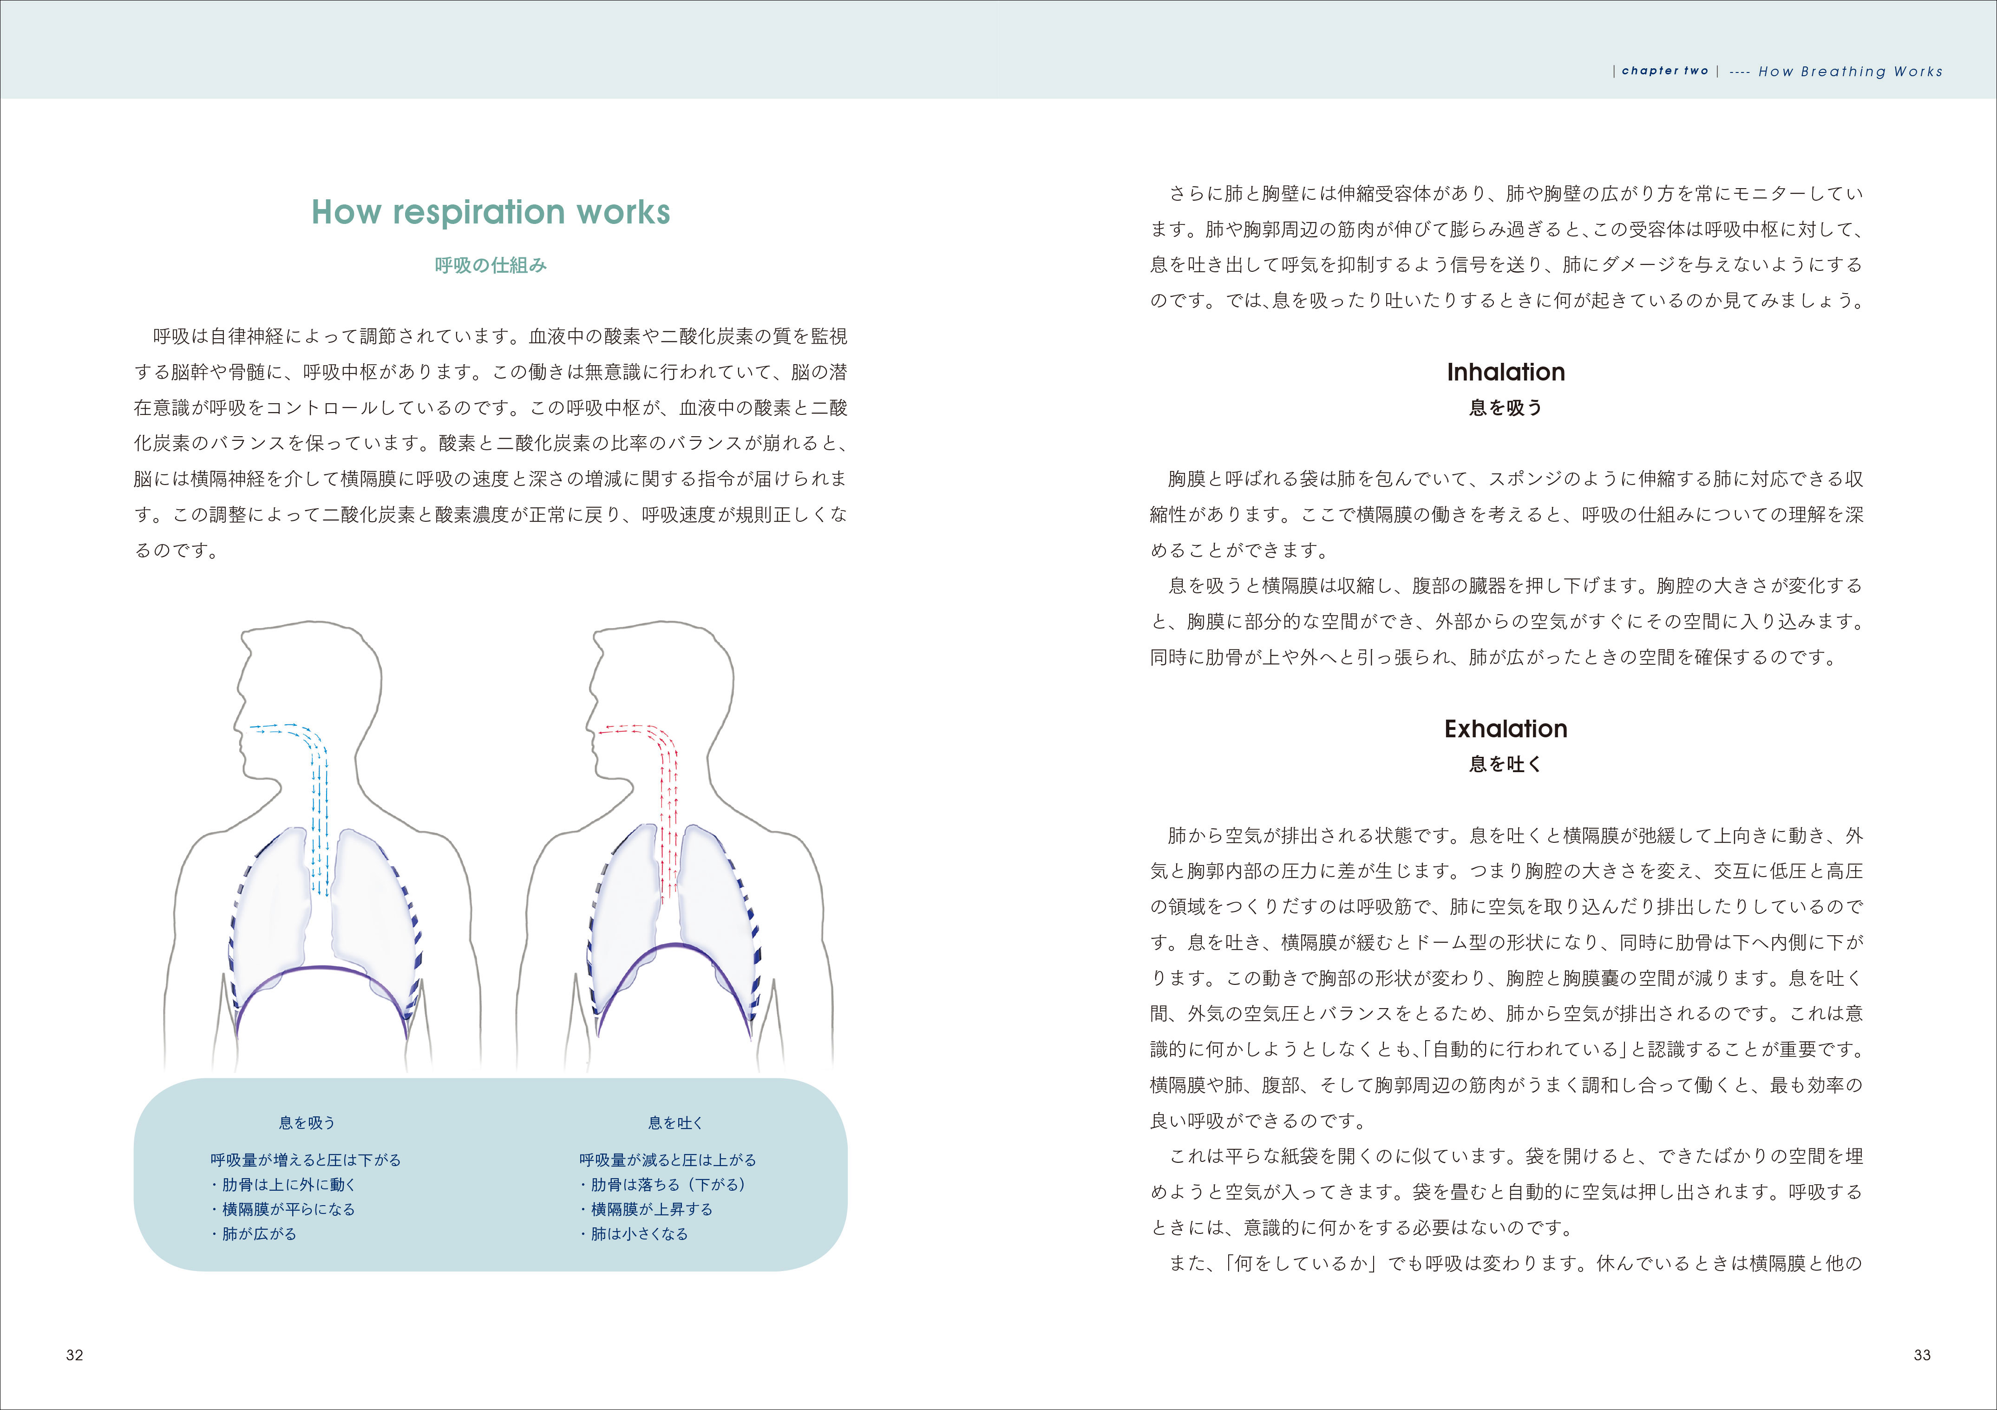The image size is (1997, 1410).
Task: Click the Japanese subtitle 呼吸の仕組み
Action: (x=491, y=265)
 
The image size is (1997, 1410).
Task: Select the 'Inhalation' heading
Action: (x=1506, y=372)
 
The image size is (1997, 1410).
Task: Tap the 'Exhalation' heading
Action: (x=1506, y=729)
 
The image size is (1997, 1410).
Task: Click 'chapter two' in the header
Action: (x=1665, y=72)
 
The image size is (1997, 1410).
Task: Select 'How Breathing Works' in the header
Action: (x=1850, y=72)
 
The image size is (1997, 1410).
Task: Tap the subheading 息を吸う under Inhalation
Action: (x=1506, y=408)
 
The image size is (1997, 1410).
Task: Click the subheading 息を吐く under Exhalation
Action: (x=1506, y=765)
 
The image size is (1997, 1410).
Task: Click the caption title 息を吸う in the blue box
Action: (x=306, y=1123)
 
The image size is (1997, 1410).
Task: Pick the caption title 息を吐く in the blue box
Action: (x=675, y=1123)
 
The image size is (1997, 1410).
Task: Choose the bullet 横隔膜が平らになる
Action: (x=283, y=1209)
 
